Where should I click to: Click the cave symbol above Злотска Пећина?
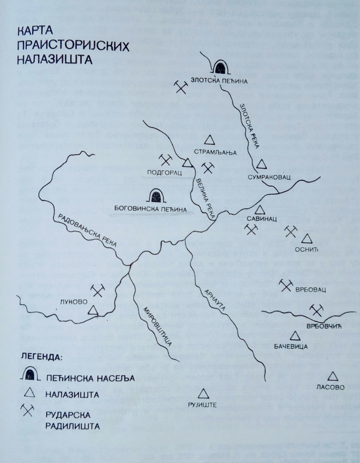click(x=221, y=67)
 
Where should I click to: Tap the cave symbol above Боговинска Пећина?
click(x=156, y=196)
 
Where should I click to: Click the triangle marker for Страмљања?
click(x=209, y=140)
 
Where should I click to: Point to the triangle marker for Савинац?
click(x=259, y=210)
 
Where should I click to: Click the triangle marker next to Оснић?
click(x=307, y=238)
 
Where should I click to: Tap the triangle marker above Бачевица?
click(x=295, y=336)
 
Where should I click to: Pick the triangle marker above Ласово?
click(x=333, y=376)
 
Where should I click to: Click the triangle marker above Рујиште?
click(x=204, y=393)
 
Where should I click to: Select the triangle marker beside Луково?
click(x=93, y=310)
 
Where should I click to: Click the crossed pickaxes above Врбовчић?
click(x=317, y=310)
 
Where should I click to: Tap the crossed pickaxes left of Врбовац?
click(x=285, y=285)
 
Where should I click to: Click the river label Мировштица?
click(x=155, y=324)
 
